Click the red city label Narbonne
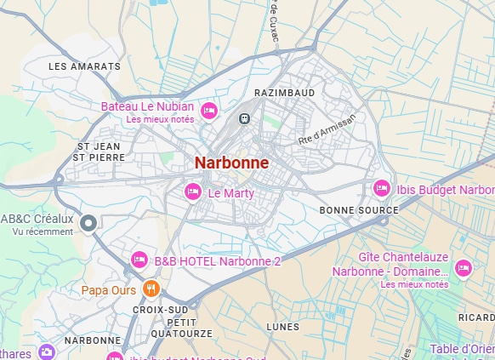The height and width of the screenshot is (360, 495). [x=231, y=163]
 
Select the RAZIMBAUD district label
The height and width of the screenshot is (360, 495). [x=284, y=91]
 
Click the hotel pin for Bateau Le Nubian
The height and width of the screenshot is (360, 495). [x=208, y=111]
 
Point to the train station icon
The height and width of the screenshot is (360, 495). [x=245, y=119]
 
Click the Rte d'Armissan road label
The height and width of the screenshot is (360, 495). [x=327, y=129]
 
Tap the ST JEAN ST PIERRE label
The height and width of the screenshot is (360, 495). [x=100, y=151]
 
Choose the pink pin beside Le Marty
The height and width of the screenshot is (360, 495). [x=193, y=192]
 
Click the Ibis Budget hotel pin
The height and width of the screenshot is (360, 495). [x=382, y=188]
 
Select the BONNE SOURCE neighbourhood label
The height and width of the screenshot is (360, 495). [x=358, y=209]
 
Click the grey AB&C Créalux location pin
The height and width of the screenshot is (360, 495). [x=88, y=223]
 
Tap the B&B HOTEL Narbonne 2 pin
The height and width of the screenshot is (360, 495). [x=139, y=260]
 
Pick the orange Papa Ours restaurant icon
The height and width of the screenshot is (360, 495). [x=151, y=289]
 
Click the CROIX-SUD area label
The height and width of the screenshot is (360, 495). [x=160, y=310]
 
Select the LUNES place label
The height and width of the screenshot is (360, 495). [x=282, y=327]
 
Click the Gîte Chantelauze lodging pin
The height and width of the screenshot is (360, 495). [x=463, y=268]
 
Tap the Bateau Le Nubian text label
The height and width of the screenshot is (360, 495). [x=147, y=106]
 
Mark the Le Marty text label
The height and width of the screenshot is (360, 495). [x=231, y=193]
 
